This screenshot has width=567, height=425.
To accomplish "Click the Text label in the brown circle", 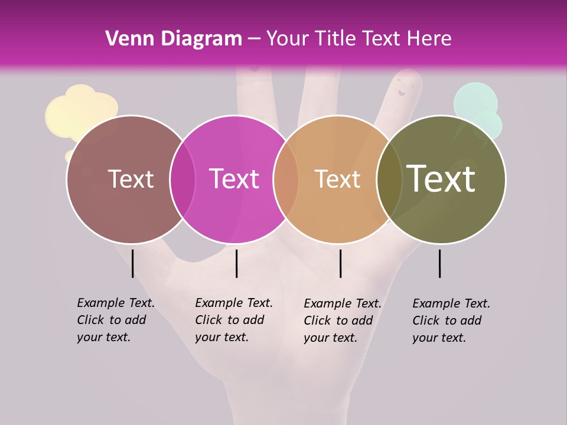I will (131, 179).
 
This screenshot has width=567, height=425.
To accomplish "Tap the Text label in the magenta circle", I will (234, 179).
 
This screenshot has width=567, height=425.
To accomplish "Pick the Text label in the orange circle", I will (337, 179).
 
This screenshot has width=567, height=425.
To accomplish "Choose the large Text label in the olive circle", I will (441, 178).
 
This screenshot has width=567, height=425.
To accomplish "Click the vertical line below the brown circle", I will (133, 263).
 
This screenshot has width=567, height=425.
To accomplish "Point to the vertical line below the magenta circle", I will (236, 263).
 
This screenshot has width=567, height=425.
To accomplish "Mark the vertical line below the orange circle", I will (340, 263).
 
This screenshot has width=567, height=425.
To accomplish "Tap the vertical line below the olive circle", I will (439, 263).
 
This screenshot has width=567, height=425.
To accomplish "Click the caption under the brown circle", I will (115, 320).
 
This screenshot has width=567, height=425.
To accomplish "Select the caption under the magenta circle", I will (233, 320).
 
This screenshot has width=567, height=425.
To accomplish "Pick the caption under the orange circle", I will (342, 321).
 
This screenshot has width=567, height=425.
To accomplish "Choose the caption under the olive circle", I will (451, 321).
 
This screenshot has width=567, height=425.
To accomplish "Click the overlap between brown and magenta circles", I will (183, 179).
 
